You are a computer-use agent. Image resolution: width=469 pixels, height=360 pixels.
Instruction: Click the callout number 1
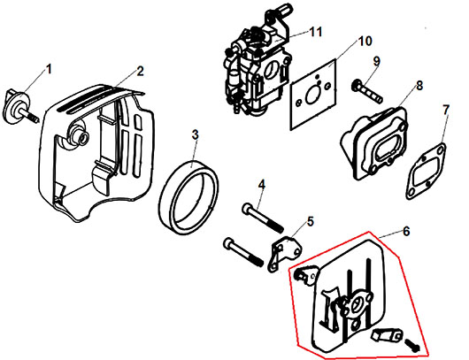point(49,69)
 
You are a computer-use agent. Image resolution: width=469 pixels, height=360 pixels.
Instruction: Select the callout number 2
point(140,71)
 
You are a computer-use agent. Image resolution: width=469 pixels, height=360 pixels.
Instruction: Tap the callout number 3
point(195,134)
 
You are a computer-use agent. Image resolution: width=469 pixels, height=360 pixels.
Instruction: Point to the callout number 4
point(262,185)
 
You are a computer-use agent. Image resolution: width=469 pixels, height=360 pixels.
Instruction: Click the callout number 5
point(311,221)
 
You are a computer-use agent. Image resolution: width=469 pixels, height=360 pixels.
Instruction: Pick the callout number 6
point(406,231)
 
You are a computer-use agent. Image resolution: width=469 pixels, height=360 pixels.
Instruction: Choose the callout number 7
point(446,110)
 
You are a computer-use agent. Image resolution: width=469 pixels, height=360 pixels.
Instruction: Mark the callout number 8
point(419,86)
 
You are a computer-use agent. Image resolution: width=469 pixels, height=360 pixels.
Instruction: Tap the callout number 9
point(376,61)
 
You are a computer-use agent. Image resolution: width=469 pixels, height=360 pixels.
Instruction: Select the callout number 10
point(365,42)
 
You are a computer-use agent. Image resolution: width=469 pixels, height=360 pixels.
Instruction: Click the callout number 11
point(315,32)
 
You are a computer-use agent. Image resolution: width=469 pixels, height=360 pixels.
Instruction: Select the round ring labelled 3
point(188,197)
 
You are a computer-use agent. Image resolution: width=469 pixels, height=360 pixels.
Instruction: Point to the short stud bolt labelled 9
point(366,91)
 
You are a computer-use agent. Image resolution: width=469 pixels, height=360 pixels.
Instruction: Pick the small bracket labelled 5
point(286,254)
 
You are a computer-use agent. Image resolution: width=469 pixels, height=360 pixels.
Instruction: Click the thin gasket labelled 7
point(426,172)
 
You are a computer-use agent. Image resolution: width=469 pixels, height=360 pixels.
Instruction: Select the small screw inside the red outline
point(412,345)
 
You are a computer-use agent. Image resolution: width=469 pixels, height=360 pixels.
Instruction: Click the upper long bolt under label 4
point(263,218)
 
